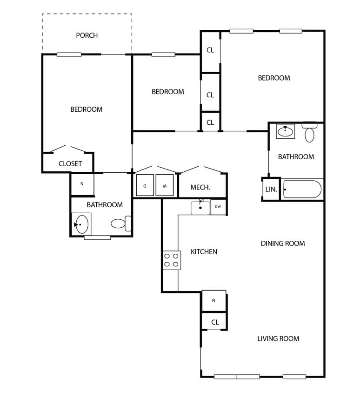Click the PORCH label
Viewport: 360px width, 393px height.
pyautogui.click(x=87, y=35)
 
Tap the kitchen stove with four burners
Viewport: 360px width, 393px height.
pyautogui.click(x=171, y=260)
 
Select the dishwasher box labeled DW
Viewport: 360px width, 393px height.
pyautogui.click(x=218, y=207)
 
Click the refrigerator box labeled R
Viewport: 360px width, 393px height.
pyautogui.click(x=213, y=300)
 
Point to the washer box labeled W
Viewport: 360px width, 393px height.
pyautogui.click(x=164, y=185)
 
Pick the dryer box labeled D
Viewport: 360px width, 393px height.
pyautogui.click(x=145, y=185)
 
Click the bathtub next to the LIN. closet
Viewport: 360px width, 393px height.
pyautogui.click(x=302, y=190)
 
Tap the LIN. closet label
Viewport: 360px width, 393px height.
pyautogui.click(x=271, y=190)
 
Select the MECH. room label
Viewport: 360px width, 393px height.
pyautogui.click(x=200, y=188)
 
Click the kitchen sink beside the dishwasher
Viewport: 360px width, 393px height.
pyautogui.click(x=200, y=207)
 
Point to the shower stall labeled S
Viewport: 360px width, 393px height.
pyautogui.click(x=82, y=184)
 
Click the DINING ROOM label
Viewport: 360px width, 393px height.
pyautogui.click(x=282, y=244)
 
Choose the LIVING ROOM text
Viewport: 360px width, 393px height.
pyautogui.click(x=278, y=339)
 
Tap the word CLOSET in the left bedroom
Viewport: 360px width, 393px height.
pyautogui.click(x=70, y=164)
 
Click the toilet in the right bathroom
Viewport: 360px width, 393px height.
pyautogui.click(x=309, y=133)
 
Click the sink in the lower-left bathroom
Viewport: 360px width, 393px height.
pyautogui.click(x=81, y=224)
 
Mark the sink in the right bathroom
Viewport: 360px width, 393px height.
pyautogui.click(x=285, y=131)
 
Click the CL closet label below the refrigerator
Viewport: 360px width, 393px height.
pyautogui.click(x=215, y=322)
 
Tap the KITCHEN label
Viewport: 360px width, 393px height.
pyautogui.click(x=204, y=252)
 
